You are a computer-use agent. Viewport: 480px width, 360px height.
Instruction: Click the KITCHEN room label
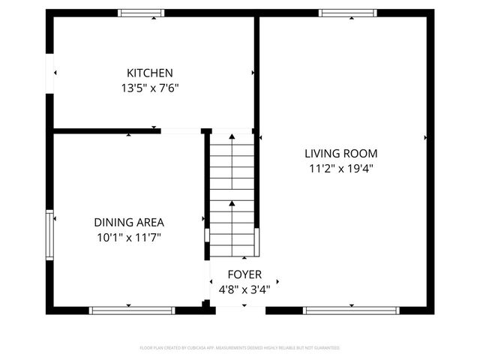150,73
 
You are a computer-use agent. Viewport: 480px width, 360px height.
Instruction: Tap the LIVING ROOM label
340,153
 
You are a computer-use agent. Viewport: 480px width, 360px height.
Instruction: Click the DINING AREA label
129,222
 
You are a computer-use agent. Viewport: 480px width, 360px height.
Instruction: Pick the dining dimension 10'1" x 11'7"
128,238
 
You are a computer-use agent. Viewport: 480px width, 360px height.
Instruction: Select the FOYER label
244,274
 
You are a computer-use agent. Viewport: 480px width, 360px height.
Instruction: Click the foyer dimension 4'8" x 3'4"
244,289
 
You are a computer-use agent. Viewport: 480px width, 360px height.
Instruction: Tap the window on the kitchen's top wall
142,13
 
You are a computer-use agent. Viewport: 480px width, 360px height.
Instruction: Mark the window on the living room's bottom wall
352,309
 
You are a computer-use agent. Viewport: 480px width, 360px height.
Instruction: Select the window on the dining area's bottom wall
132,309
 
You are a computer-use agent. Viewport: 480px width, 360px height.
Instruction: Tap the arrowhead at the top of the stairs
232,136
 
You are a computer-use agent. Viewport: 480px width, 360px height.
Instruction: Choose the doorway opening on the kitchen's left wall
50,73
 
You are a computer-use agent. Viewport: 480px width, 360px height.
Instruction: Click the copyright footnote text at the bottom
240,348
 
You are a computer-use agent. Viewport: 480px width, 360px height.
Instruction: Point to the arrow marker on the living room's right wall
426,138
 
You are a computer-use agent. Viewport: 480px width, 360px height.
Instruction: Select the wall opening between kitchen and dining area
181,131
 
